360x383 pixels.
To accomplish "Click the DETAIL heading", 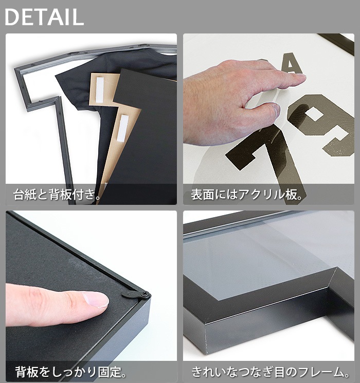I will (44, 16).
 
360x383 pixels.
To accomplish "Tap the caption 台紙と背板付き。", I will (57, 195).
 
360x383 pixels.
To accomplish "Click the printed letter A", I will (292, 64).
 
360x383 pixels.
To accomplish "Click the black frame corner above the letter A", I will (337, 42).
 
